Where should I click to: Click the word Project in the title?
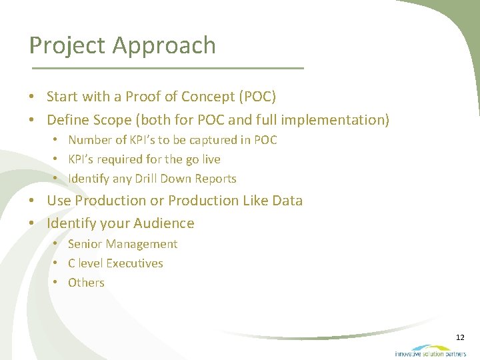click(67, 46)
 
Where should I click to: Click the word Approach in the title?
click(164, 46)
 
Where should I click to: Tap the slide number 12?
click(460, 337)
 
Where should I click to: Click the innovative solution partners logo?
click(430, 351)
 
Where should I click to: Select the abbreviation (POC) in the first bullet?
click(257, 97)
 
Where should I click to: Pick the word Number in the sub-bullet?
click(89, 140)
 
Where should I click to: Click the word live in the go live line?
click(210, 159)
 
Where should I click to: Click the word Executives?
click(135, 263)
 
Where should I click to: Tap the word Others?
click(86, 283)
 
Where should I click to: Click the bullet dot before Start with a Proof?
click(32, 97)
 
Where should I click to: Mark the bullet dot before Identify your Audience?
click(32, 223)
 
